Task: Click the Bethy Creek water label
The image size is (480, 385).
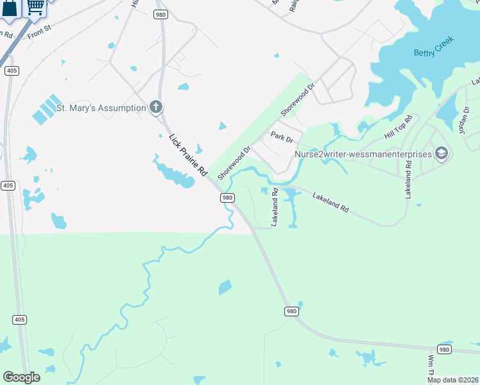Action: tap(434, 47)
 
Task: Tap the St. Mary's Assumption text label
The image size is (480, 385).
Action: tap(101, 108)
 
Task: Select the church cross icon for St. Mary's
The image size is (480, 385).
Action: tap(155, 107)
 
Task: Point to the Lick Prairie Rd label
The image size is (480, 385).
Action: tap(187, 155)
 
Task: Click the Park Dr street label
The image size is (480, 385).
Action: tap(282, 137)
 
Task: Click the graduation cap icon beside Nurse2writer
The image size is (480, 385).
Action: tap(441, 153)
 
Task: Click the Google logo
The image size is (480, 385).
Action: tap(21, 377)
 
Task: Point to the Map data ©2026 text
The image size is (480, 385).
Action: tap(452, 380)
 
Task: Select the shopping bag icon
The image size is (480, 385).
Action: tap(10, 9)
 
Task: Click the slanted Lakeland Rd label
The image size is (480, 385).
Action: tap(330, 200)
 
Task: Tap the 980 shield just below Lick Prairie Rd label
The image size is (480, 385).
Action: tap(227, 198)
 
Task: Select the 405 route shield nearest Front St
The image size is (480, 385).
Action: tap(11, 71)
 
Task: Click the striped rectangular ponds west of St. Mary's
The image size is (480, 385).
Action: tap(47, 109)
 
